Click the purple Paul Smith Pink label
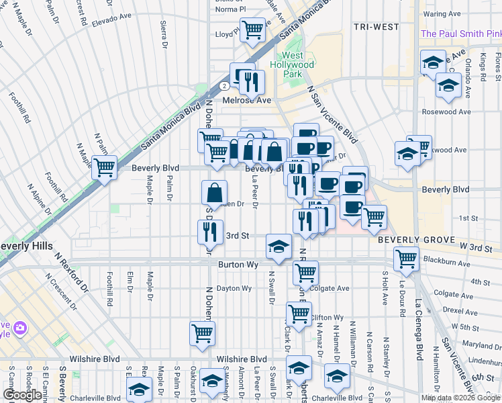(x=460, y=34)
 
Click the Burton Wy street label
(x=238, y=265)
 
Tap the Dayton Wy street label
(x=233, y=288)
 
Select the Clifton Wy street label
(x=328, y=317)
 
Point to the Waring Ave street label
(x=442, y=13)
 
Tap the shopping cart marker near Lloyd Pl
(x=252, y=29)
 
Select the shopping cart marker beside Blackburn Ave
(x=406, y=257)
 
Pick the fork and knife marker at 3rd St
(x=210, y=231)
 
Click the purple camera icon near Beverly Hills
(x=19, y=328)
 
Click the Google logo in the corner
(x=22, y=395)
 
